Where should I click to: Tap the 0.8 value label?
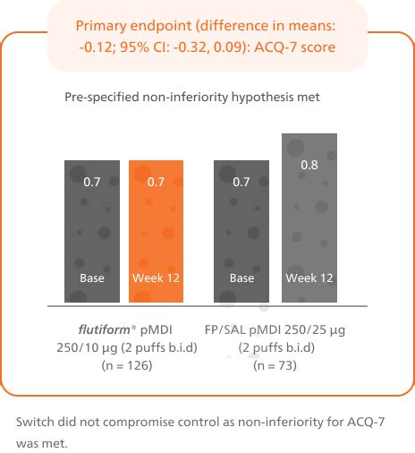click(309, 165)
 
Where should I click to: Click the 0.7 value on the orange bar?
click(157, 183)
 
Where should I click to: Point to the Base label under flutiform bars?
click(92, 278)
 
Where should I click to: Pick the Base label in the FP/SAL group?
click(241, 278)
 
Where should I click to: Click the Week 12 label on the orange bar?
click(157, 278)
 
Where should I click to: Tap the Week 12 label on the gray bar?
click(309, 278)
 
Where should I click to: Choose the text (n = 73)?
click(275, 365)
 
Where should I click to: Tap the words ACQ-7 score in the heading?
click(301, 46)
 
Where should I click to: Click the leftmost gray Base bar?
click(92, 231)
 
